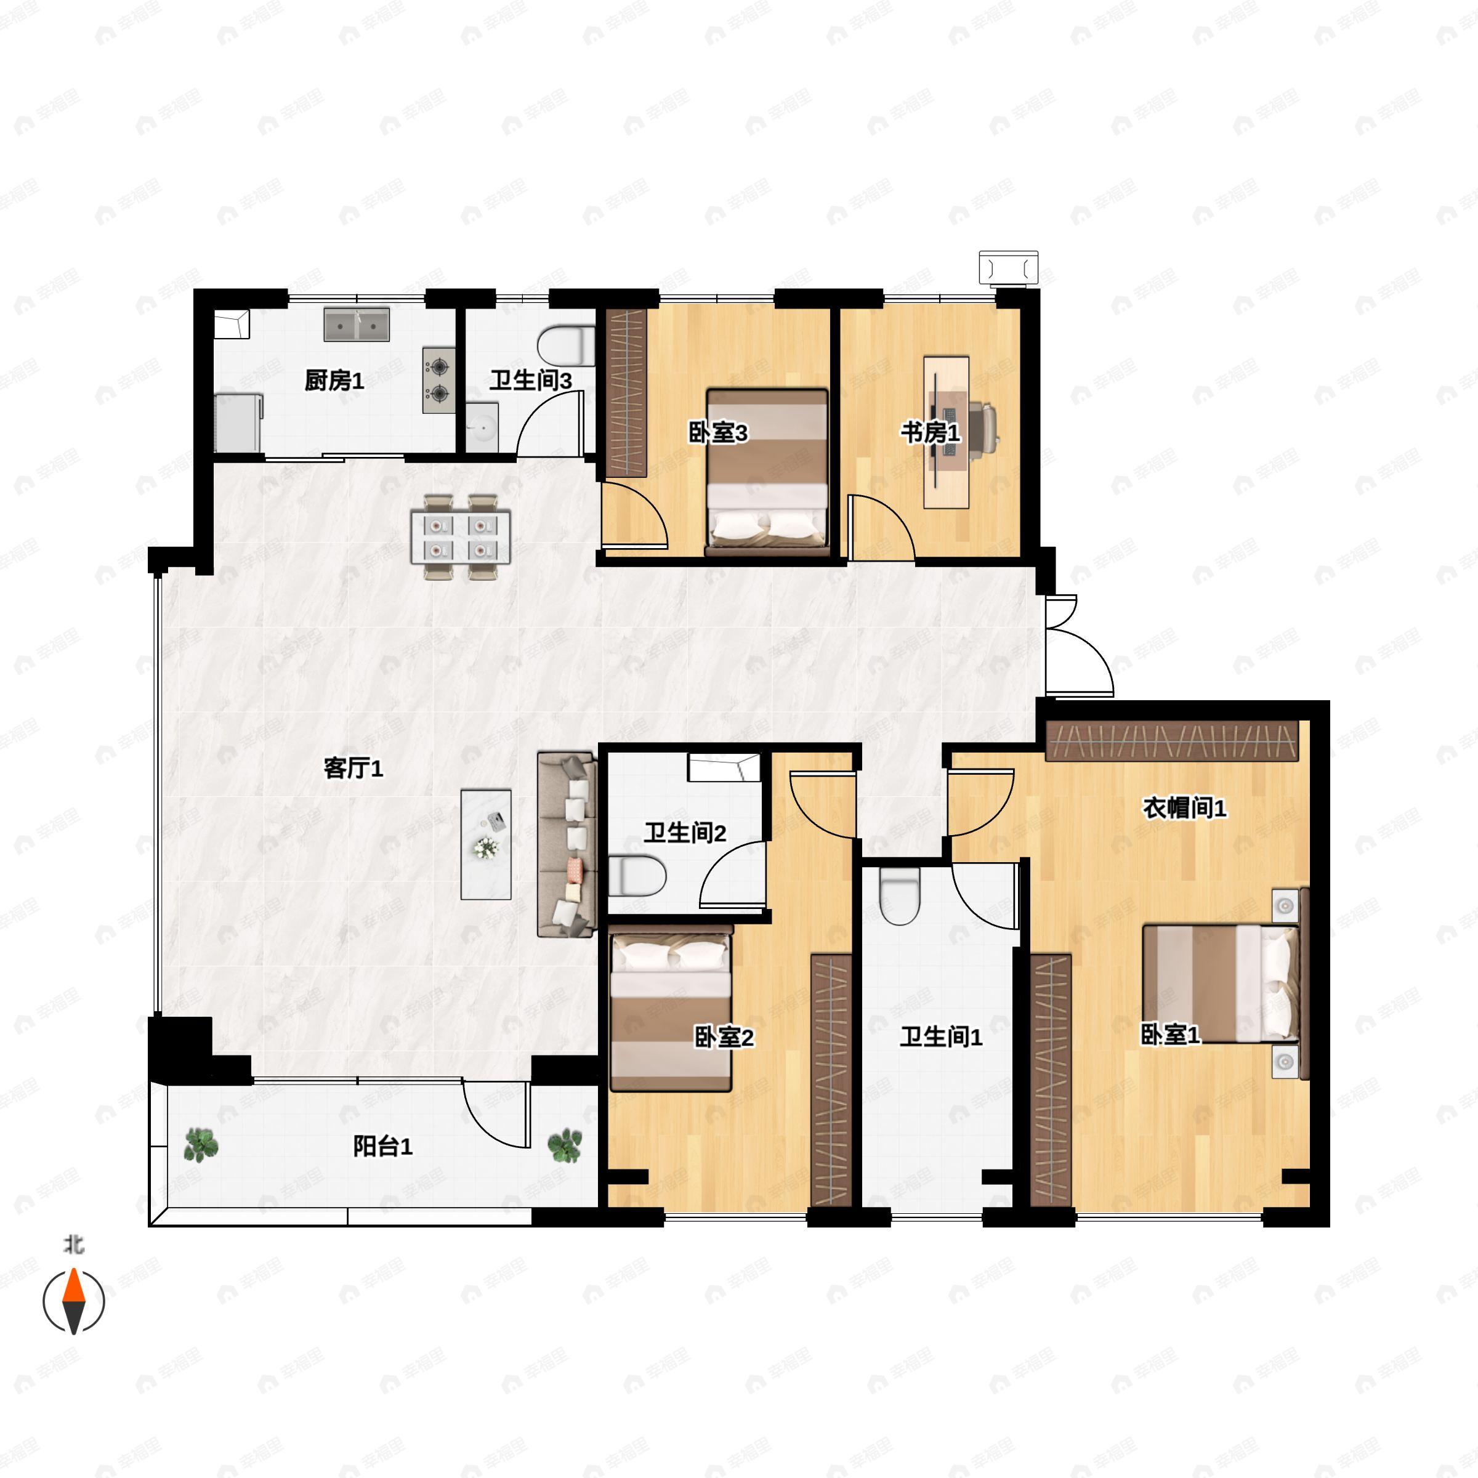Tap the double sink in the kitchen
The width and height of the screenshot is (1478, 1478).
[x=357, y=325]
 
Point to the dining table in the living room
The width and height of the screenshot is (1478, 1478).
[x=460, y=538]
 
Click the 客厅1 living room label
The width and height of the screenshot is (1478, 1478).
[x=353, y=768]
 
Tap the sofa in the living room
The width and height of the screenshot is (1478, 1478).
[x=566, y=844]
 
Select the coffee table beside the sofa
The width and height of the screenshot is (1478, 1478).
[x=486, y=844]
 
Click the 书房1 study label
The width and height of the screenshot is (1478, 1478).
[x=929, y=433]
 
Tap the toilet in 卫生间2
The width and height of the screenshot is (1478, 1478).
[x=637, y=875]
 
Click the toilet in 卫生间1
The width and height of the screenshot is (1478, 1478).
[x=899, y=896]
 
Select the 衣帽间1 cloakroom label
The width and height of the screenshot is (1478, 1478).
[x=1184, y=808]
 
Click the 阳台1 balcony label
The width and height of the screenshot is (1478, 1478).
[x=382, y=1146]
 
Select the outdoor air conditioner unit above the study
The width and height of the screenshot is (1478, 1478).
[x=1008, y=268]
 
